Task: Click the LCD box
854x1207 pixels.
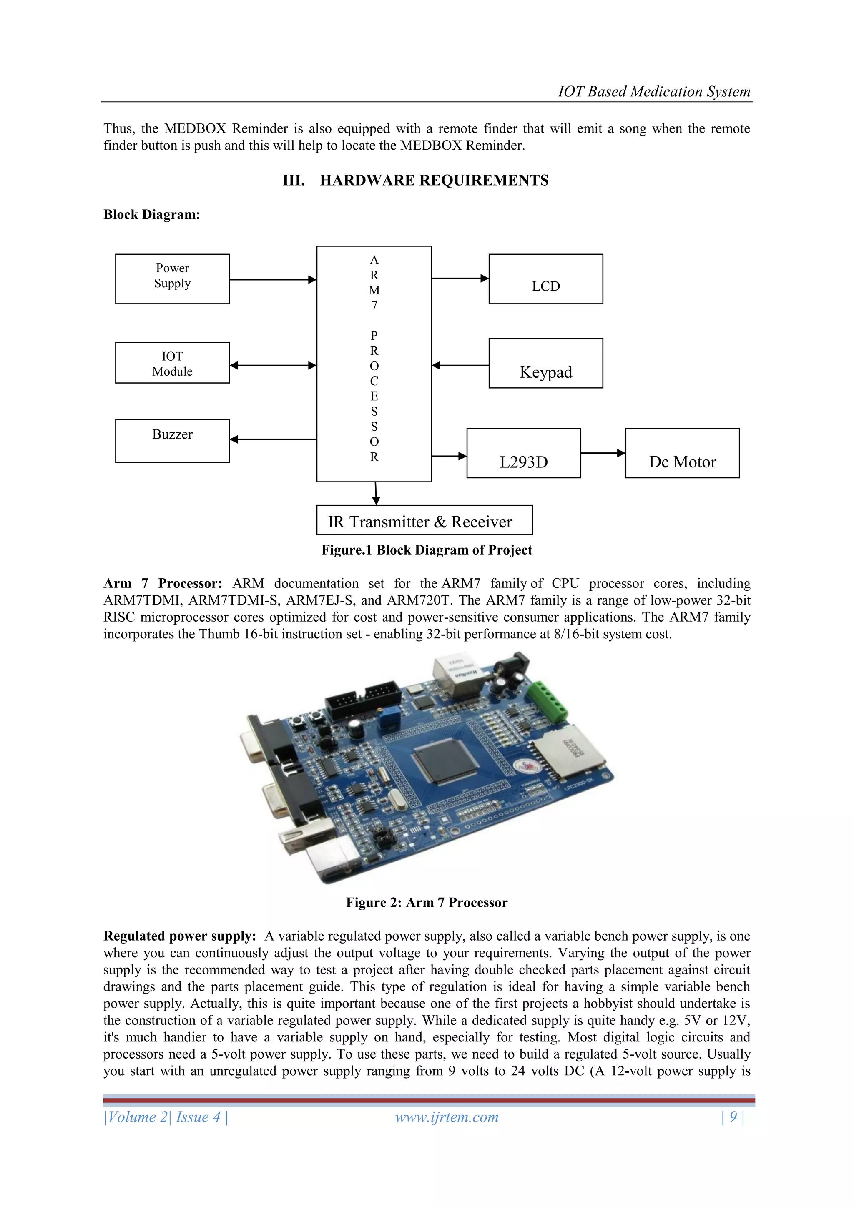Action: pyautogui.click(x=545, y=279)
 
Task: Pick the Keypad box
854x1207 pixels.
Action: pyautogui.click(x=545, y=363)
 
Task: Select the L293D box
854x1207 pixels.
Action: pyautogui.click(x=523, y=453)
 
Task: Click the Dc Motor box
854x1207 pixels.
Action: pyautogui.click(x=682, y=453)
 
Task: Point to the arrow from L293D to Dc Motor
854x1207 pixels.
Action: pyautogui.click(x=603, y=453)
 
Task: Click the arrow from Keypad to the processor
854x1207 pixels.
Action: pyautogui.click(x=460, y=365)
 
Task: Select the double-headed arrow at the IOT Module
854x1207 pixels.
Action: pyautogui.click(x=273, y=365)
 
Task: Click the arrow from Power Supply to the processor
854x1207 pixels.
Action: pyautogui.click(x=273, y=280)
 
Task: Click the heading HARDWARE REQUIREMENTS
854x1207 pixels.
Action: pyautogui.click(x=434, y=180)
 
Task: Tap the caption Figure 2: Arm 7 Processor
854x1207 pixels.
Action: pyautogui.click(x=427, y=903)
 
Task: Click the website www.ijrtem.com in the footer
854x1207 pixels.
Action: pyautogui.click(x=447, y=1117)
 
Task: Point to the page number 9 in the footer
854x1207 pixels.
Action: pyautogui.click(x=733, y=1117)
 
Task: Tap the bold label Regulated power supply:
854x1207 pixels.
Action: pyautogui.click(x=179, y=936)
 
